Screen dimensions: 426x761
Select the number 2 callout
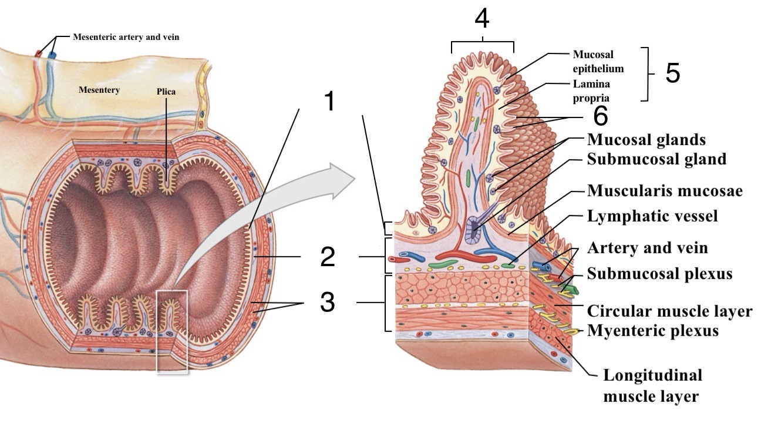point(327,258)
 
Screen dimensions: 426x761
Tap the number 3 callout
point(327,303)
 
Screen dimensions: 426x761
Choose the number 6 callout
point(600,116)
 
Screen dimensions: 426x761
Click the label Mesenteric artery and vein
point(126,37)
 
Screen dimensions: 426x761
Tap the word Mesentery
point(99,90)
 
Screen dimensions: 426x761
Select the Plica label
point(166,92)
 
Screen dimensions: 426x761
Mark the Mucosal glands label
point(646,140)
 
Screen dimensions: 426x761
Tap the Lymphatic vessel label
point(652,216)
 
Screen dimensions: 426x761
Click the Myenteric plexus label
point(653,331)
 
